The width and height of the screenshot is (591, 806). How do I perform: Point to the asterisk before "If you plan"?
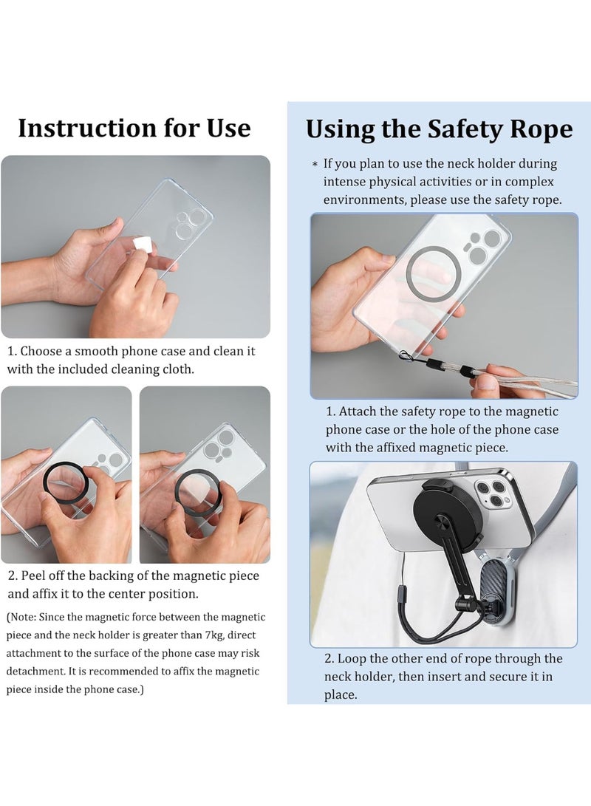[315, 164]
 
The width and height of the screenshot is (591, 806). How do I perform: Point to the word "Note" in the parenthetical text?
[24, 617]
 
